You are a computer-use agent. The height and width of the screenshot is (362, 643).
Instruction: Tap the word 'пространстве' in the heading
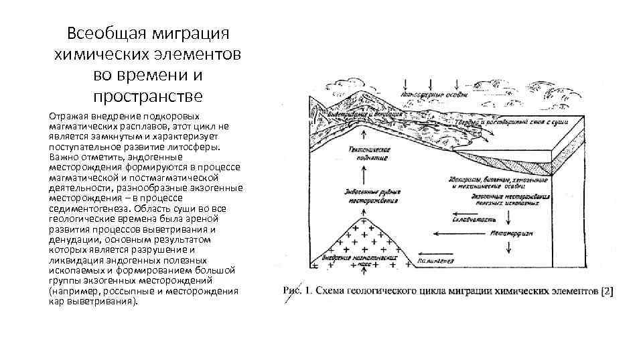coord(147,96)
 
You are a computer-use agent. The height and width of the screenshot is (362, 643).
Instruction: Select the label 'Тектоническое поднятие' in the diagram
coord(365,156)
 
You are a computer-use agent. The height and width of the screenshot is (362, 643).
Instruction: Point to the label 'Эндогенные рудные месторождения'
coord(370,194)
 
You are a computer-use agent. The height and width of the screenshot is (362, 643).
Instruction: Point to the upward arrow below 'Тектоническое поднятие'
coord(364,176)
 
